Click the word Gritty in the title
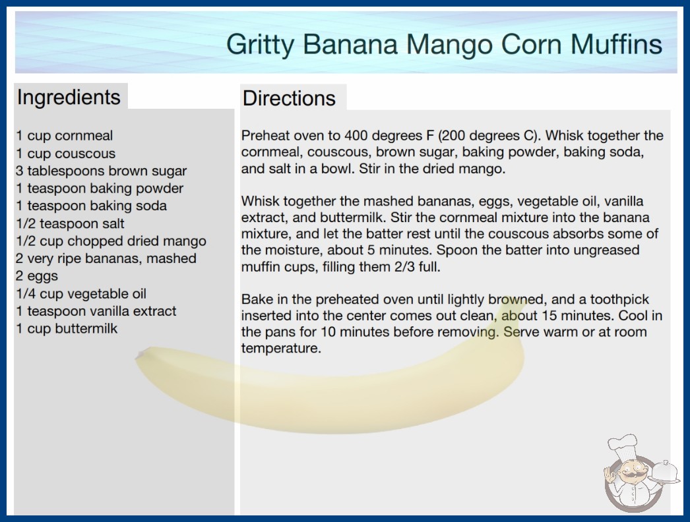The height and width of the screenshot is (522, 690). point(260,45)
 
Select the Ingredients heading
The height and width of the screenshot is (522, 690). point(69,98)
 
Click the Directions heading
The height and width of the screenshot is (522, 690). point(289,98)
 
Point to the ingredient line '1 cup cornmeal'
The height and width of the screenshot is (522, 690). point(64,136)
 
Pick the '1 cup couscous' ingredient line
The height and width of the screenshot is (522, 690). point(65,154)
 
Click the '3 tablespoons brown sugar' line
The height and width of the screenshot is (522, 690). point(101,171)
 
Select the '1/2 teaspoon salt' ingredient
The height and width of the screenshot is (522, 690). point(70,223)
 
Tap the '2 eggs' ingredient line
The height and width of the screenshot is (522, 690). point(37,276)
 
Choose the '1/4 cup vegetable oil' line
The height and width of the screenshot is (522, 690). point(81,294)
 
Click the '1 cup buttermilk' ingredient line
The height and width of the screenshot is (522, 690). point(67,328)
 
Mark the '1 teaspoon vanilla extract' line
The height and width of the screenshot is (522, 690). point(96,311)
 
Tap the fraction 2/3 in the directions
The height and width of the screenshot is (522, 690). point(404,266)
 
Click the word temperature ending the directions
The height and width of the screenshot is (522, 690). point(281,348)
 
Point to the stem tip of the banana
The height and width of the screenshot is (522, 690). point(140,354)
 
